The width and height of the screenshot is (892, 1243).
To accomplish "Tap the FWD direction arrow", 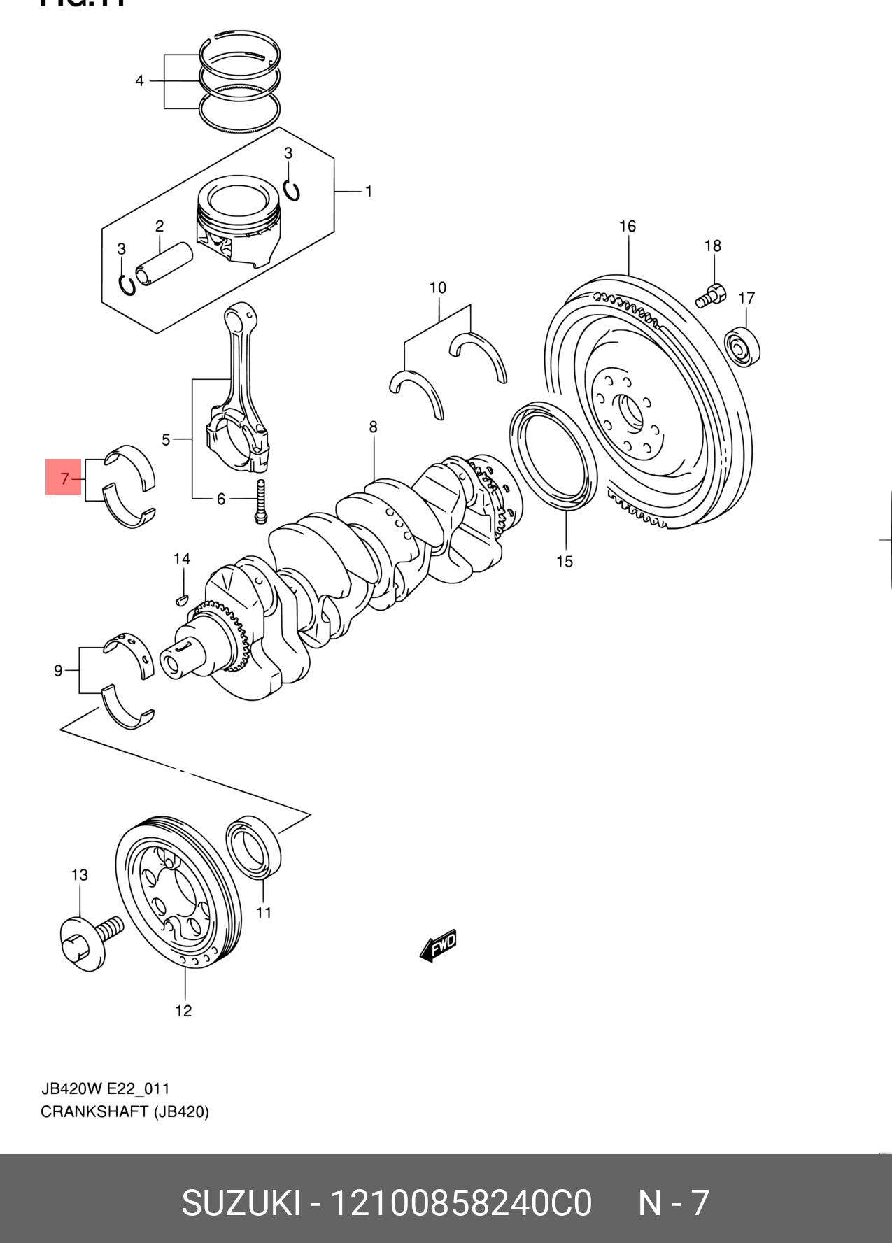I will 439,946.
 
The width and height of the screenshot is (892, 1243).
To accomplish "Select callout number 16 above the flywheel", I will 628,226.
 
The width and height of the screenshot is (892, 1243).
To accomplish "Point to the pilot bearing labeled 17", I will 742,346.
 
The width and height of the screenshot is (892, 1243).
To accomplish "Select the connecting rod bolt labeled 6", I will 261,501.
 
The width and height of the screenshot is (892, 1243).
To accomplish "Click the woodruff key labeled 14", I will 181,599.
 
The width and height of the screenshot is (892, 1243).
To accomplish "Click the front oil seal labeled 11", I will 253,846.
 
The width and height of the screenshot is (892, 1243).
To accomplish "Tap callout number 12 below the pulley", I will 183,1011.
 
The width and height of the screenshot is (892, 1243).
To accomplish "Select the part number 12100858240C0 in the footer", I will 460,1203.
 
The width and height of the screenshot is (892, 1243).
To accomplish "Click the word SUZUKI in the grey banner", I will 241,1203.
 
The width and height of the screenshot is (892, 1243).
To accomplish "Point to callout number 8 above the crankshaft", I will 374,427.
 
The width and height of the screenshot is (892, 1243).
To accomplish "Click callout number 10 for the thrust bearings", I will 438,287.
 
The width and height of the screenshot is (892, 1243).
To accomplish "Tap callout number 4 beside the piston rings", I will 140,81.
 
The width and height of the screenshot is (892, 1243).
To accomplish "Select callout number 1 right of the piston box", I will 369,191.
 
